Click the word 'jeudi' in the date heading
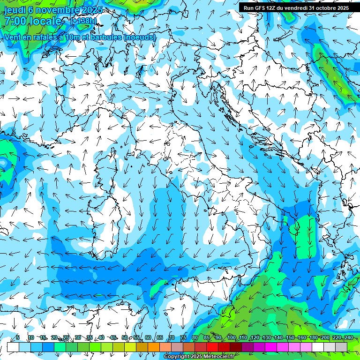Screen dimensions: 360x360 (15, 10)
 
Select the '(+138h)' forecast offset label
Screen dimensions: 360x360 (83, 21)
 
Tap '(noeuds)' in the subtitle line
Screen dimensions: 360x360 (140, 37)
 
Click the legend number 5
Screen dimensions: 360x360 (18, 337)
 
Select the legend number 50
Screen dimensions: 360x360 (124, 337)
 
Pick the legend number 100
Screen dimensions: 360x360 (231, 337)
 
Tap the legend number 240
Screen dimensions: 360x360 (349, 337)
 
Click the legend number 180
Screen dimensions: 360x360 (313, 337)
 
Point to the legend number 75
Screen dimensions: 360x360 (183, 337)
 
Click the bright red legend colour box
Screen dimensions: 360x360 (212, 347)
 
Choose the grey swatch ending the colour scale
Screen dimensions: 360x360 (341, 347)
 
